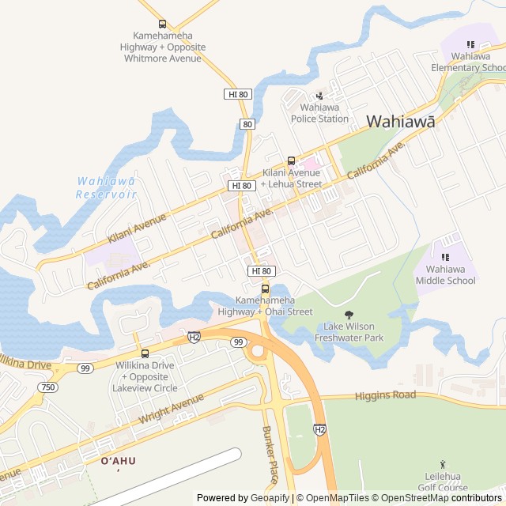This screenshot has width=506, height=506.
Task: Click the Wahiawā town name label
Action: [x=401, y=121]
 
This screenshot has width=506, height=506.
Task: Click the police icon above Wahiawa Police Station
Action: [x=319, y=96]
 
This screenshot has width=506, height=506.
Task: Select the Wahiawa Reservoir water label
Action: [x=106, y=187]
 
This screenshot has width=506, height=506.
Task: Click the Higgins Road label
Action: [x=385, y=395]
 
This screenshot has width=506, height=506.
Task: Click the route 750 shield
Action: [x=48, y=387]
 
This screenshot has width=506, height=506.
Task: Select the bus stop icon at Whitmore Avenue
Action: [x=163, y=24]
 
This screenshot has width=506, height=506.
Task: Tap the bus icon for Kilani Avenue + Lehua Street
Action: [x=291, y=160]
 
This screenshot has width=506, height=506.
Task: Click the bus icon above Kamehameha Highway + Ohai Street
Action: [x=265, y=289]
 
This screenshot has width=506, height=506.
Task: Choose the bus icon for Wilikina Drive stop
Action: [x=145, y=353]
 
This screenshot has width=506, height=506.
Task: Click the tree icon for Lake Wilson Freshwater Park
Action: [x=349, y=315]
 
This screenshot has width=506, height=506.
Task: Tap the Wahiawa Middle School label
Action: [x=446, y=274]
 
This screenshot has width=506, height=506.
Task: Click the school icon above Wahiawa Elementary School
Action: [x=470, y=44]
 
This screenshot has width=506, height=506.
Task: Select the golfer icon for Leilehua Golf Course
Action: [x=442, y=465]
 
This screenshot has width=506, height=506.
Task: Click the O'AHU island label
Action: [x=118, y=461]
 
